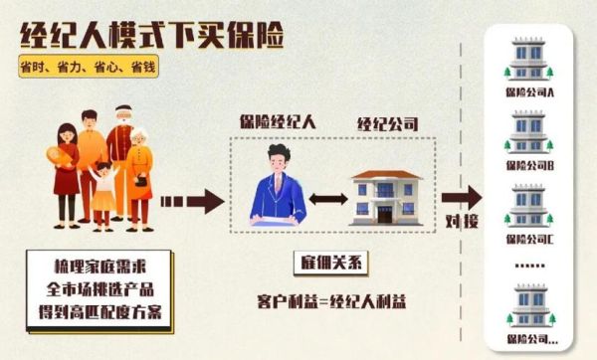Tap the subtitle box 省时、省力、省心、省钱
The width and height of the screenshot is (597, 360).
click(x=88, y=71)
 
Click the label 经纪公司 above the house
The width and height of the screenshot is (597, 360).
click(x=386, y=126)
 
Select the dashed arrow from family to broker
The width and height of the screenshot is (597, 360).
click(x=190, y=202)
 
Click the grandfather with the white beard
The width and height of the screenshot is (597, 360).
click(x=121, y=149)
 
